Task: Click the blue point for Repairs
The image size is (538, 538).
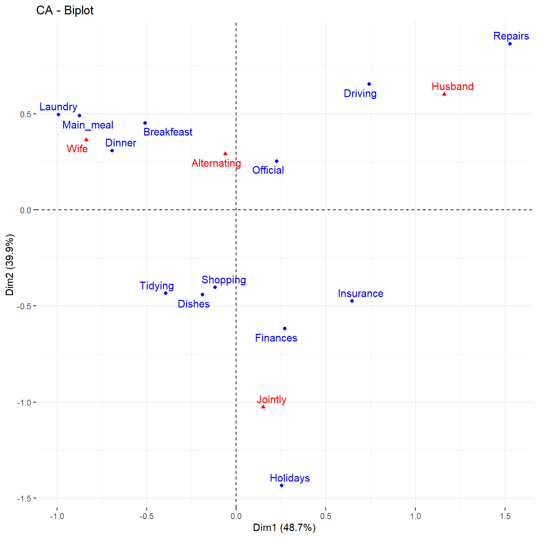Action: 510,44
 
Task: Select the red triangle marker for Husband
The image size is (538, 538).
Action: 444,94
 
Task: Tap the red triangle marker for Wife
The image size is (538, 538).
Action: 87,139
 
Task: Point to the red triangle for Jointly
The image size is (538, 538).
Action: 263,407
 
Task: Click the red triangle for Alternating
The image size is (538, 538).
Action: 225,153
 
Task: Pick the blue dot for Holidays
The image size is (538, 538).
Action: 282,485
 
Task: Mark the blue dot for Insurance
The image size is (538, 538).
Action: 352,301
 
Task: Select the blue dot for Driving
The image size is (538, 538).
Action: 369,84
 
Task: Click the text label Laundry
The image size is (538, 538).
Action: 58,107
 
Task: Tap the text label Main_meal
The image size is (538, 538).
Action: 88,125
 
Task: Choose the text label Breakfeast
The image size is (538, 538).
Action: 168,132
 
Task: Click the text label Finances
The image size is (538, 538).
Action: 276,338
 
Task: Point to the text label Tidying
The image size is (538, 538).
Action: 157,286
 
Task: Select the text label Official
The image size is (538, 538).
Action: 268,170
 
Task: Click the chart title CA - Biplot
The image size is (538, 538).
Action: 65,11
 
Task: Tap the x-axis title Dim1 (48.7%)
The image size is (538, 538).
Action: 284,528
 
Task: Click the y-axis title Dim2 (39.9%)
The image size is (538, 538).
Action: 10,265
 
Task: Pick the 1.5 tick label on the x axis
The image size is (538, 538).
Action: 505,516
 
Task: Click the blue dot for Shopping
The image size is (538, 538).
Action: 215,287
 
